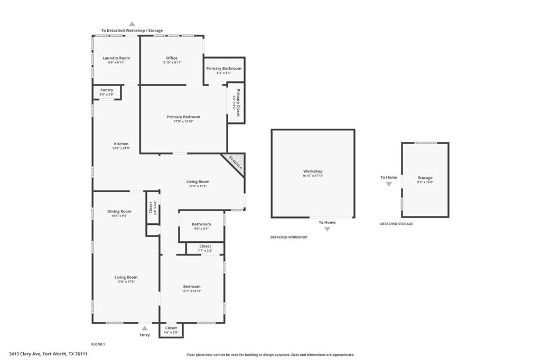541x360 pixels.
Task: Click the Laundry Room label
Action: point(116,58)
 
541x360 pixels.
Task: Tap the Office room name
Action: point(172,58)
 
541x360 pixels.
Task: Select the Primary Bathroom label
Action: point(223,69)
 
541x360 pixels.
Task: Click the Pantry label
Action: point(107,90)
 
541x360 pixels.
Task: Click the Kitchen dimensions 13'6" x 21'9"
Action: point(121,148)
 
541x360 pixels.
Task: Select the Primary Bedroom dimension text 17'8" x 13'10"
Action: point(183,121)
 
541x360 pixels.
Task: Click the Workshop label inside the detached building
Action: point(313,171)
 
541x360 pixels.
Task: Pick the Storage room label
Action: point(425,178)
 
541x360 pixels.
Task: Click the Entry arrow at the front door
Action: point(145,328)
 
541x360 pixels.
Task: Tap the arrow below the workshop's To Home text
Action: point(327,229)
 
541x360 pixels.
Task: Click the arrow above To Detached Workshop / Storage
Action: point(132,24)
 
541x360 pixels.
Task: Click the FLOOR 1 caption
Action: point(98,344)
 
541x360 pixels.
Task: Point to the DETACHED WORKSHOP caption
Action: point(288,237)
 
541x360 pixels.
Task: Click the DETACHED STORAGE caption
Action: point(396,224)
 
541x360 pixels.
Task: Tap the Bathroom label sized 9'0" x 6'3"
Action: point(201,224)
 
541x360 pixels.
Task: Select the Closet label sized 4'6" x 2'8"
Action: point(171,328)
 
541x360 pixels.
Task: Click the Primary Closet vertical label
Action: point(238,103)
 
